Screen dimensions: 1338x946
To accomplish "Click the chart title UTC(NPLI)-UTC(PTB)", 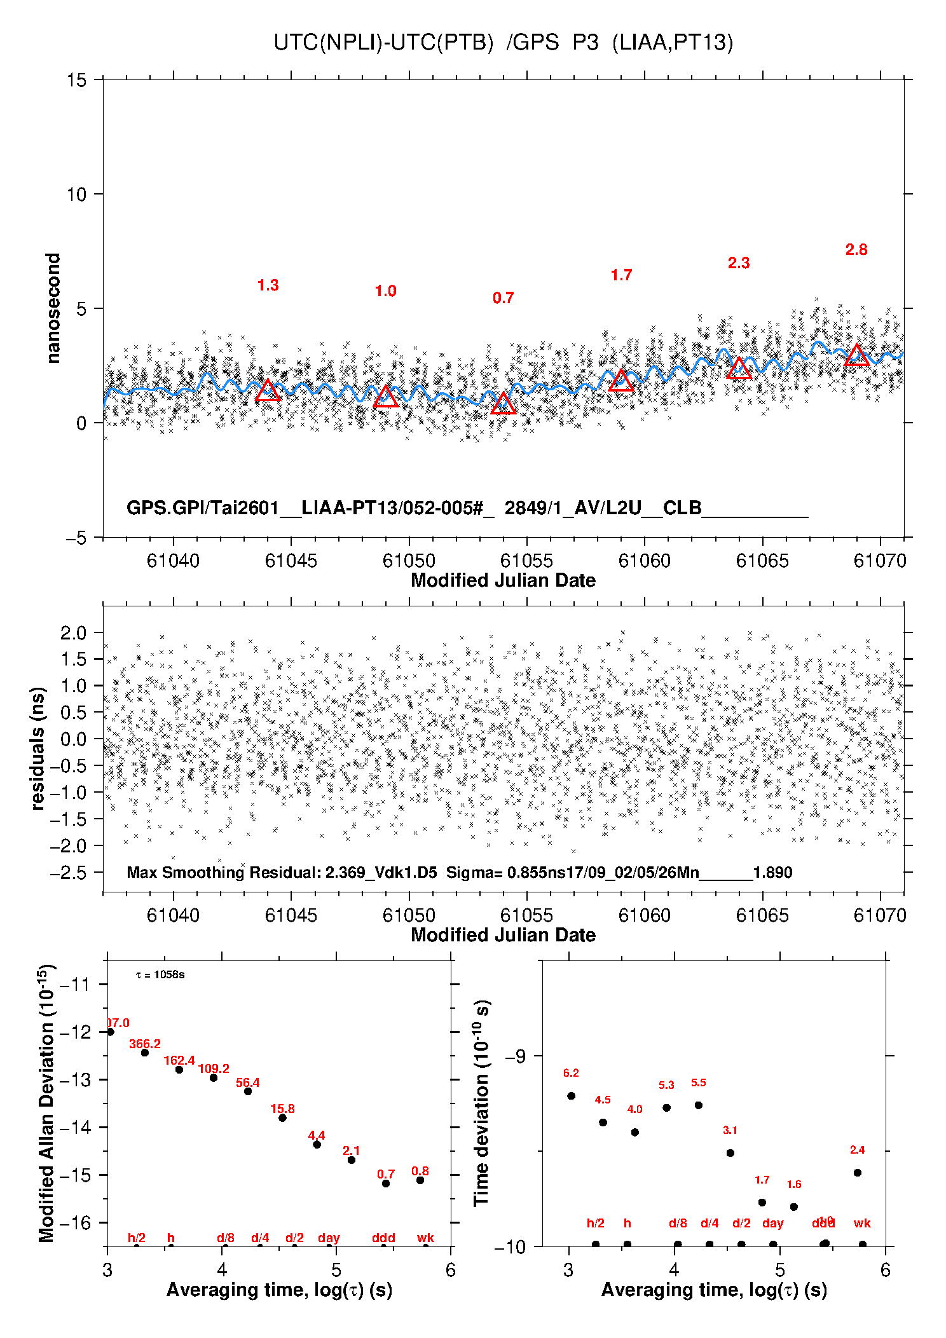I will tap(383, 43).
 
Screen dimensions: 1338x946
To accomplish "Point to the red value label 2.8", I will tap(856, 250).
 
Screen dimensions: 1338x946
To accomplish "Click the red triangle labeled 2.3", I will tap(739, 369).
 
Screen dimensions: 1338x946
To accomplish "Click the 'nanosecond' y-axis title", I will tap(53, 308).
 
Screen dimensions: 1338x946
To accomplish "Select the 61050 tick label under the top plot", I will tap(409, 561).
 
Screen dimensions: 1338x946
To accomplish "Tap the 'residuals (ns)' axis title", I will tap(38, 748).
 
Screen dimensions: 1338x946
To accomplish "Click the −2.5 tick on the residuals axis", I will tap(68, 873).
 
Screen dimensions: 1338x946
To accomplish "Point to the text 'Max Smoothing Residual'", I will tap(223, 873).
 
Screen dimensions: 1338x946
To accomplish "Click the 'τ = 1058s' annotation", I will tap(160, 975).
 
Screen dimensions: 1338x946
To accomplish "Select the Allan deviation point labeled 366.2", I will tap(145, 1053).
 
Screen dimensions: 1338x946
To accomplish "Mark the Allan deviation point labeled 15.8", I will tap(282, 1117).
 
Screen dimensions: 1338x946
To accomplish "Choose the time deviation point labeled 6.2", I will tap(571, 1096).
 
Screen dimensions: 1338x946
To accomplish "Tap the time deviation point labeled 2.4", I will tap(857, 1173).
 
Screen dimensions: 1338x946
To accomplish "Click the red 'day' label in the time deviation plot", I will tap(772, 1223).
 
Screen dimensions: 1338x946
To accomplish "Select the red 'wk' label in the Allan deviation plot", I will tap(425, 1238).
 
